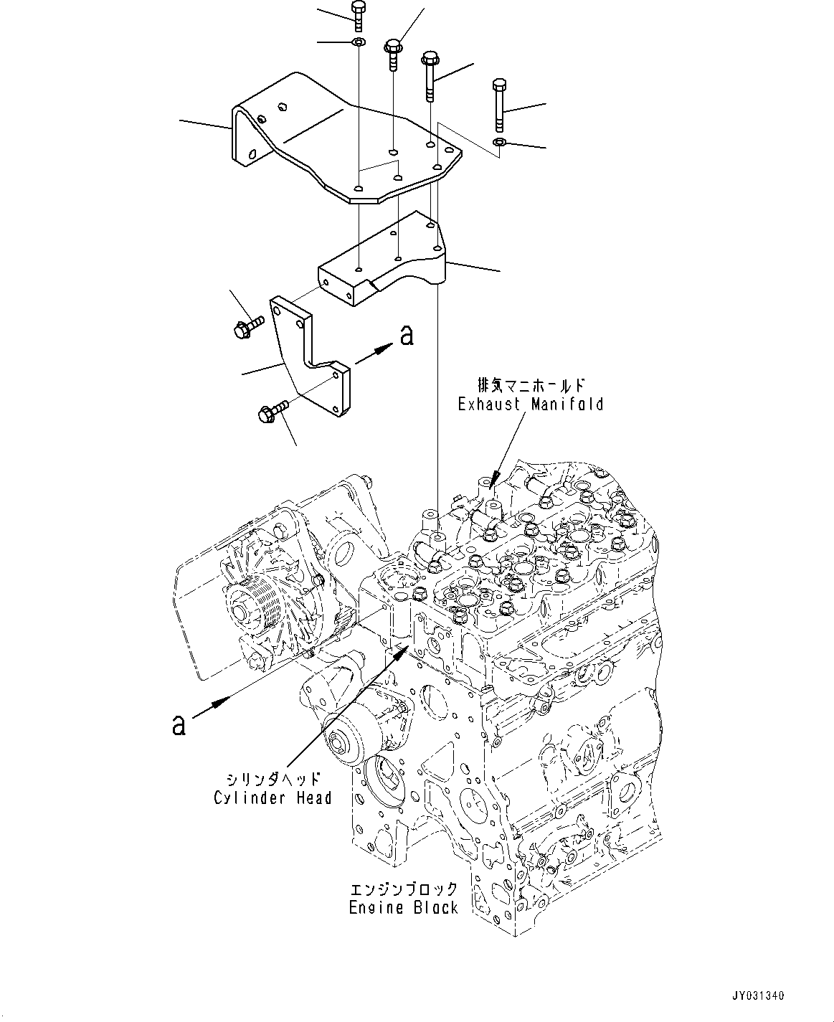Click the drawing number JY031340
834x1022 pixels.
click(x=757, y=993)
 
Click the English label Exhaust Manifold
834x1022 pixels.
click(x=531, y=404)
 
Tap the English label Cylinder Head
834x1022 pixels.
click(x=273, y=798)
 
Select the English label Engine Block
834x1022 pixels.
click(x=404, y=907)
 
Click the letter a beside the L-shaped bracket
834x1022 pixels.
click(x=407, y=335)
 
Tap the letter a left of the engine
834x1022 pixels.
click(x=179, y=738)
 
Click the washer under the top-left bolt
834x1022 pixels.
click(x=359, y=42)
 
